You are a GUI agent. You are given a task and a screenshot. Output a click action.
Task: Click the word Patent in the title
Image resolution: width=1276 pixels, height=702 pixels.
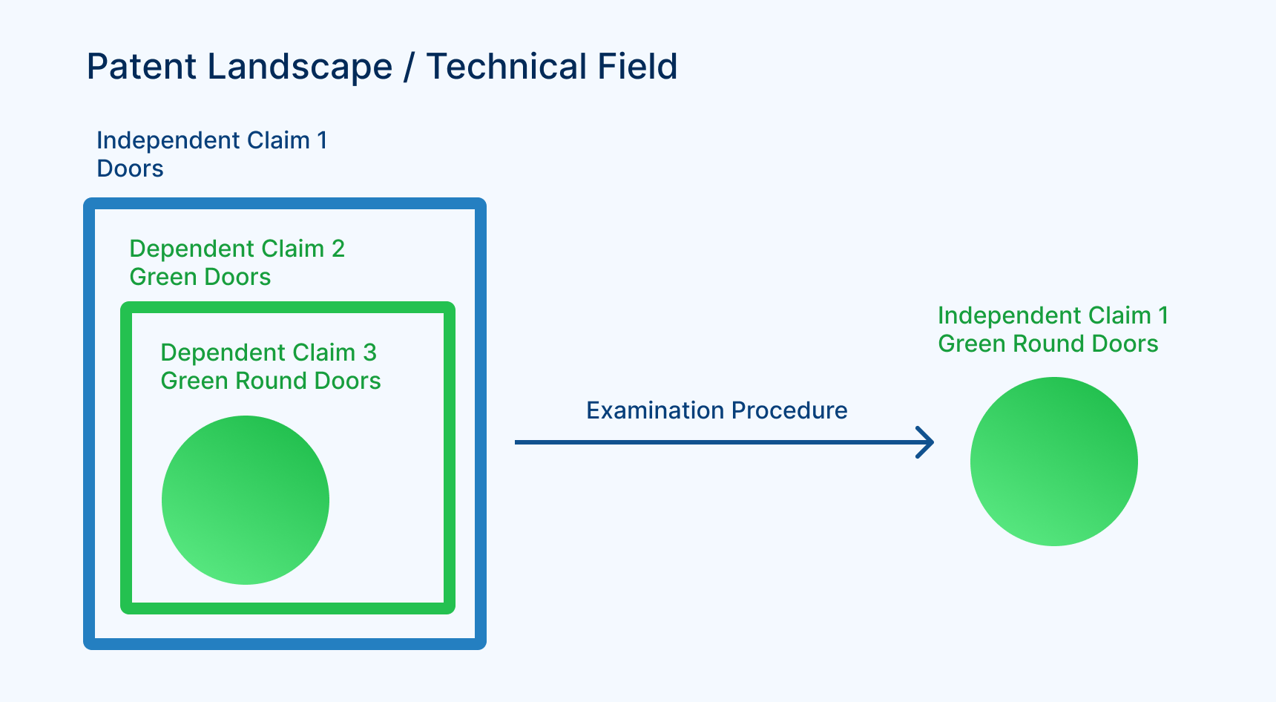point(141,67)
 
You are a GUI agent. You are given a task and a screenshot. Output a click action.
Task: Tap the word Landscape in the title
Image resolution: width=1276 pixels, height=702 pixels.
point(300,67)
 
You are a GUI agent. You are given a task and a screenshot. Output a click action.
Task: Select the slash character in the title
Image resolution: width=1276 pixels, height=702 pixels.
point(409,67)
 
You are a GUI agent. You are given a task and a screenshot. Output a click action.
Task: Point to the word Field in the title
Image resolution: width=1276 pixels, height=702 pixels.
point(637,67)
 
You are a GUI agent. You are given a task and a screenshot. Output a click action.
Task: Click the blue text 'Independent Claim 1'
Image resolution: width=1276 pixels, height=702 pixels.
point(211,140)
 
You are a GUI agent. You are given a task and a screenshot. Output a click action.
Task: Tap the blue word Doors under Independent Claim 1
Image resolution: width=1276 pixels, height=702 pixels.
point(130,168)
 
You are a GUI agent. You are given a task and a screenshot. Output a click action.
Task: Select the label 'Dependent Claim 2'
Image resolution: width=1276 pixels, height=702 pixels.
point(237,249)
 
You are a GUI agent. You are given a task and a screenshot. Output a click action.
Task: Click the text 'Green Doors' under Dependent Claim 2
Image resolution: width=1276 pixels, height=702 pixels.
point(200,277)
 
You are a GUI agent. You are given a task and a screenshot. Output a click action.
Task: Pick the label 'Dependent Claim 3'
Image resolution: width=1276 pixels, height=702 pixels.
point(269,352)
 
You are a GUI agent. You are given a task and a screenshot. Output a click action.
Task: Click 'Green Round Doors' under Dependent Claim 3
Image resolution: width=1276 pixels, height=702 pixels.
point(270,381)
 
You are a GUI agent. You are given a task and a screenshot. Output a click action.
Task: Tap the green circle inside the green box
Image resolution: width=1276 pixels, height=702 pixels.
point(246,499)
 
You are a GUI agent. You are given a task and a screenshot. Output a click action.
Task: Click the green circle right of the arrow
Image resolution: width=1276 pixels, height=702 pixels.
point(1053,461)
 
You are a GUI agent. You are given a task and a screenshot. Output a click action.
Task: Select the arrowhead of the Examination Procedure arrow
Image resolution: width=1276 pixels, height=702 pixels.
point(926,442)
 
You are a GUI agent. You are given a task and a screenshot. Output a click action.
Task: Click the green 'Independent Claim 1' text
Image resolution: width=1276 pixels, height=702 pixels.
point(1053,315)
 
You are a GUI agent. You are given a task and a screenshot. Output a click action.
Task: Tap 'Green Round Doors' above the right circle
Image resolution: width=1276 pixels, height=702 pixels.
point(1048,344)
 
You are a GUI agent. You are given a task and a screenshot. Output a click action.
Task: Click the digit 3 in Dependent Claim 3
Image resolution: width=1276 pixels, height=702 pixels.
point(369,352)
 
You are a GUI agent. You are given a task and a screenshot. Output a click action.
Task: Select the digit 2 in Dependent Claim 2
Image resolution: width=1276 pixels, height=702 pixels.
point(338,249)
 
